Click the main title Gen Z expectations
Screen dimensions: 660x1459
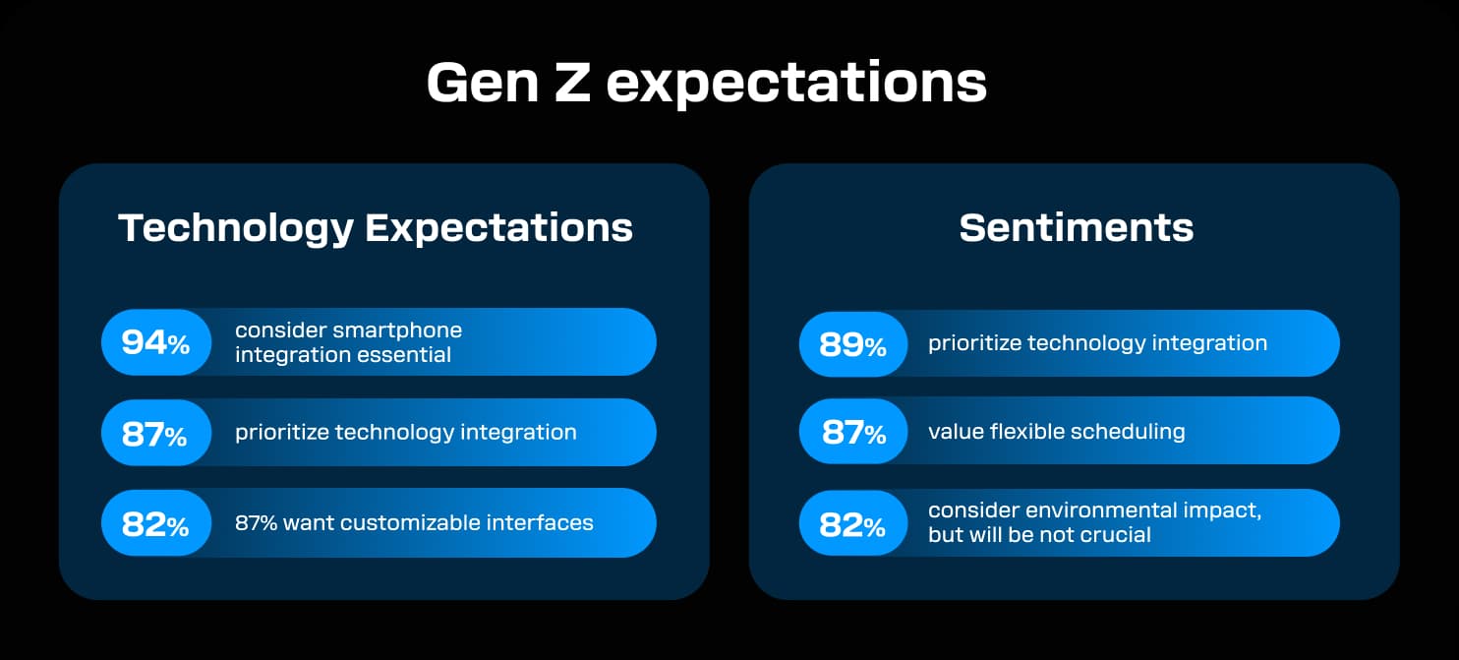point(706,84)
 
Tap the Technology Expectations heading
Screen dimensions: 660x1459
point(376,227)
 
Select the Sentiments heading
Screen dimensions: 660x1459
point(1076,227)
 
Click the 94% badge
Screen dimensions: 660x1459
point(155,342)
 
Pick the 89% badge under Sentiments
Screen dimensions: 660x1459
point(852,343)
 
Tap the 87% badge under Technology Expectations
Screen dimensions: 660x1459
point(155,433)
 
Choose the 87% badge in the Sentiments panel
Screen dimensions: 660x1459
point(852,431)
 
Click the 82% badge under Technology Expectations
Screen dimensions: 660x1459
point(155,523)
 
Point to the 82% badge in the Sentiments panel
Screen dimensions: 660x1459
point(852,523)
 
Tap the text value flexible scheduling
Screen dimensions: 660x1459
point(1056,431)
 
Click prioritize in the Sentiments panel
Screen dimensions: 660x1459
point(973,343)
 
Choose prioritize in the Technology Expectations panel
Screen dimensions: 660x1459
point(280,432)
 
